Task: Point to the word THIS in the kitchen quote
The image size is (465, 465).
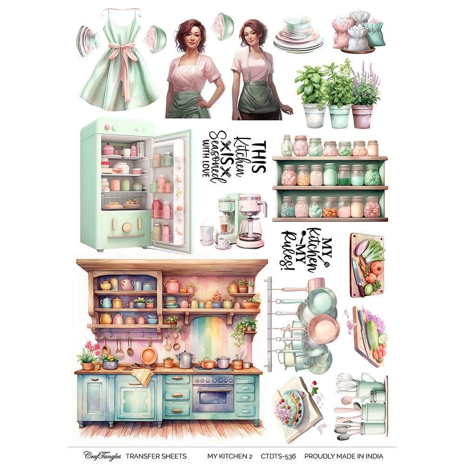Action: coord(258,157)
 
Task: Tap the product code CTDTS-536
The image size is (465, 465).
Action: coord(279,456)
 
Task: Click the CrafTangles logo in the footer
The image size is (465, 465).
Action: coord(103,456)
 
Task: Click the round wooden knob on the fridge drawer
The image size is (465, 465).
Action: coord(126,227)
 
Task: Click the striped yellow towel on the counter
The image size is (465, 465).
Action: coord(144,376)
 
